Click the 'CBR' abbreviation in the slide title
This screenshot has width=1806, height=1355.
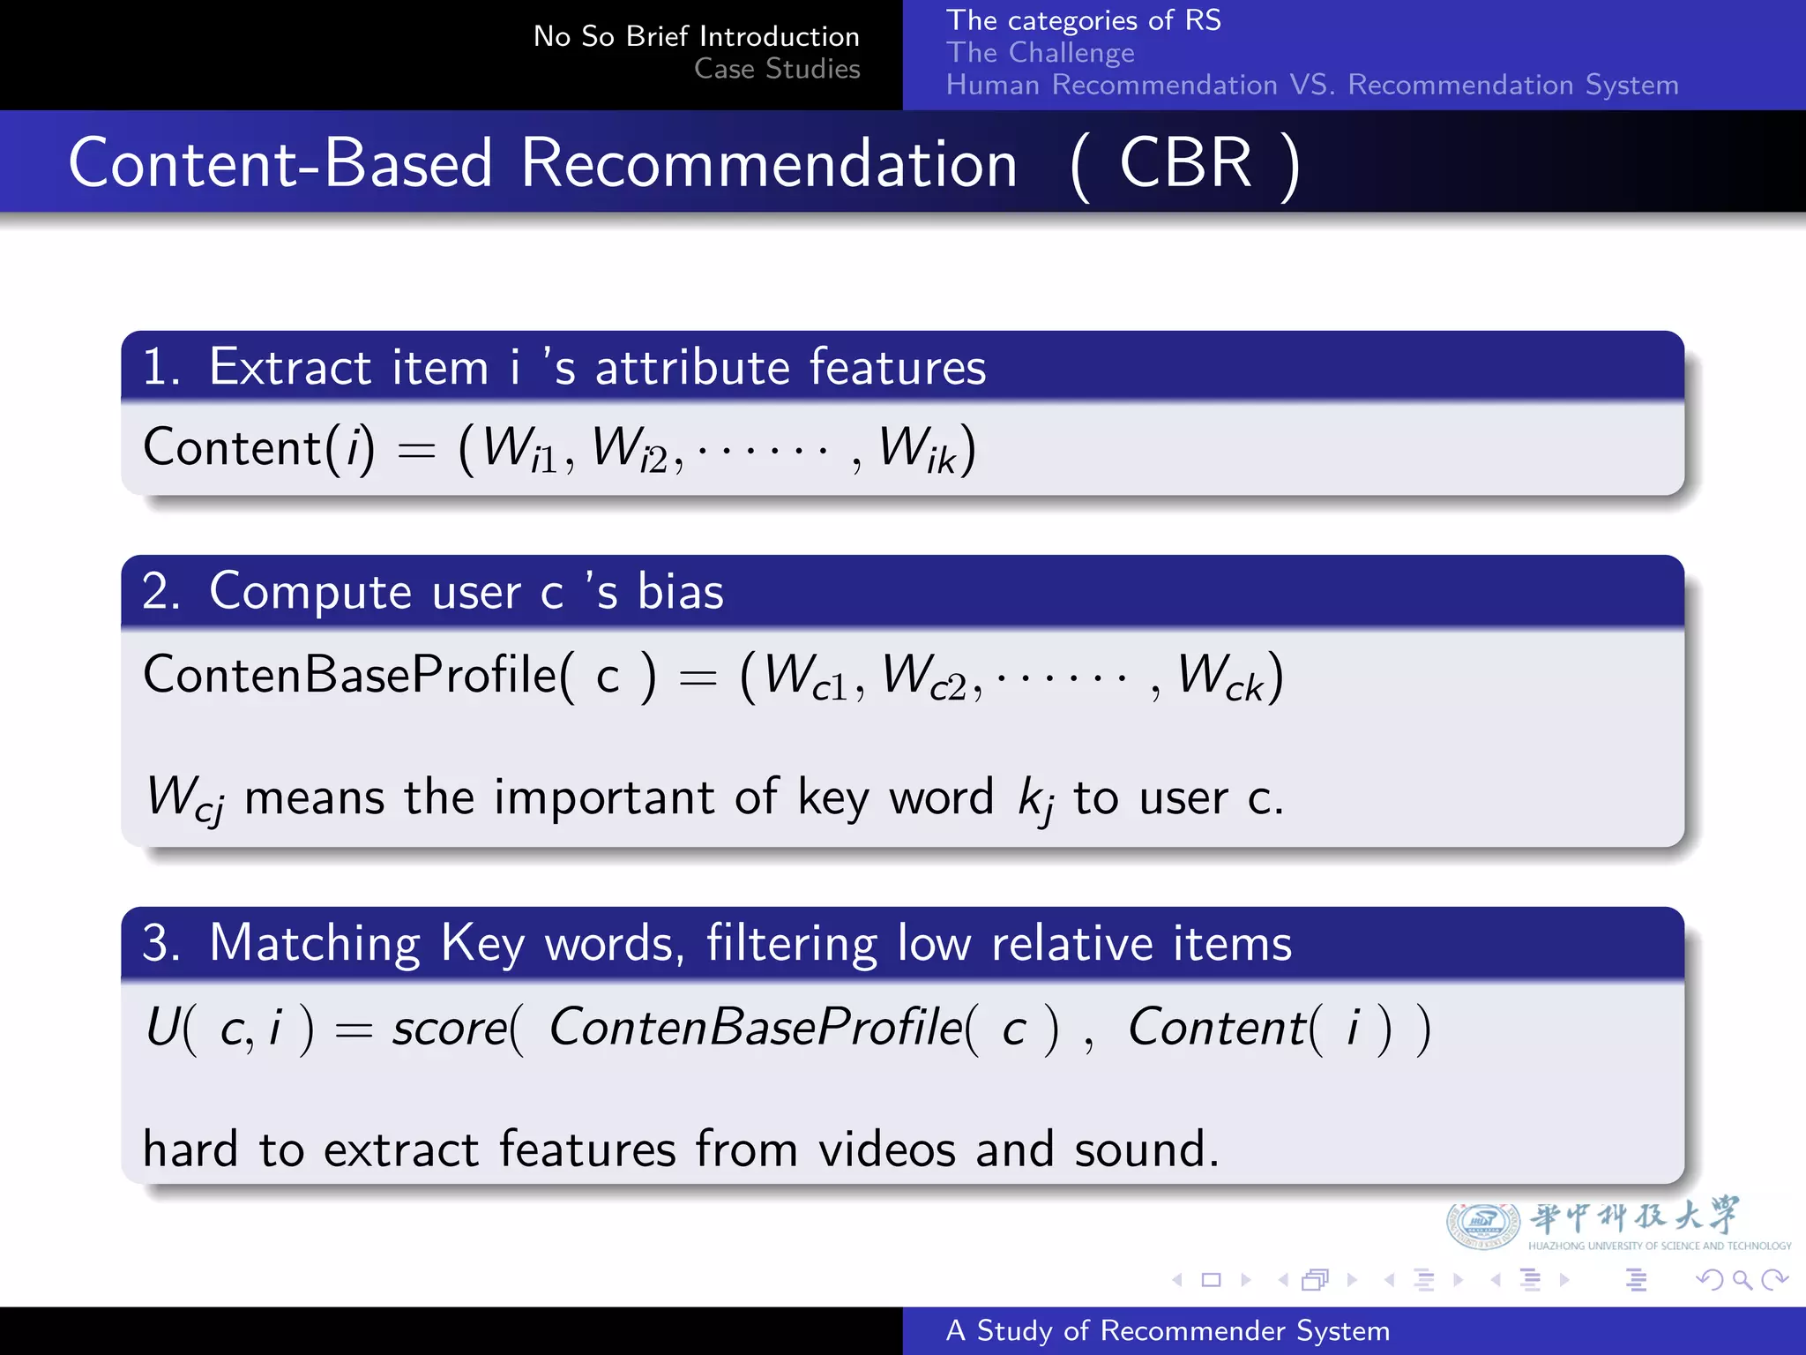tap(1185, 164)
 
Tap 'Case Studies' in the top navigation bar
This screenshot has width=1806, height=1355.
tap(776, 69)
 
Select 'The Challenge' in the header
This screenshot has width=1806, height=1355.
tap(1040, 53)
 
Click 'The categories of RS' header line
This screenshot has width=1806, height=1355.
tap(1083, 20)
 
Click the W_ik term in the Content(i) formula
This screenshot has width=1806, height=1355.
tap(917, 450)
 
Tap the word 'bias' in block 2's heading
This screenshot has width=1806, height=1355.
tap(680, 591)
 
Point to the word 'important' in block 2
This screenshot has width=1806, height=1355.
tap(604, 797)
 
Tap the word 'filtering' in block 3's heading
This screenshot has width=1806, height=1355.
tap(791, 944)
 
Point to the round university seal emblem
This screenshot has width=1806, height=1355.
tap(1482, 1224)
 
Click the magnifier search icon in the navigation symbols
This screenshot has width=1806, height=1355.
tap(1742, 1279)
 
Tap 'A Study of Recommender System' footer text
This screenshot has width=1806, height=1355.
tap(1167, 1331)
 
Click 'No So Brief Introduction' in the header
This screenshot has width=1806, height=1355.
tap(696, 36)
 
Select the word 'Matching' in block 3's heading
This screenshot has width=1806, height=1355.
tap(315, 944)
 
